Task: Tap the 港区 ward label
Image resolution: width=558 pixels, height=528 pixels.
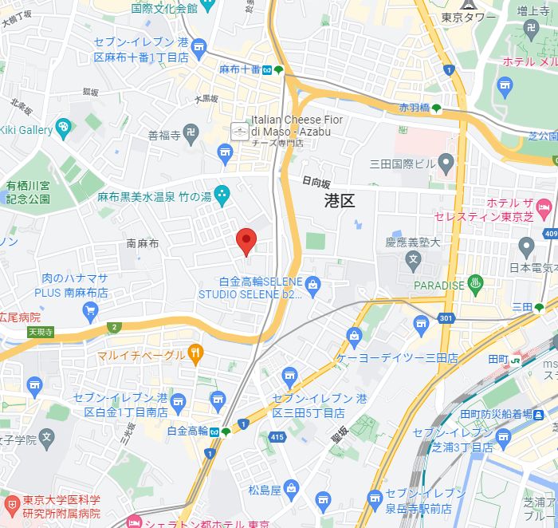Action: coord(340,201)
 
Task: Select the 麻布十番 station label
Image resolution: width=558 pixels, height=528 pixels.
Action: coord(240,70)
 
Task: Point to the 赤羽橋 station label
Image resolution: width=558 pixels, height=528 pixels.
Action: coord(414,108)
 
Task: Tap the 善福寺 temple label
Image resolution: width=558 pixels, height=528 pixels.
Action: coord(165,135)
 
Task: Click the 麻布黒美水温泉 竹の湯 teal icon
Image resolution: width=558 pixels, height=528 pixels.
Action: coord(222,193)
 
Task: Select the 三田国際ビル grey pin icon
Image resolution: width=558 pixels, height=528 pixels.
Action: coord(446,164)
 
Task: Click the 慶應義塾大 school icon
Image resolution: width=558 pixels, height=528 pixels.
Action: coord(413,258)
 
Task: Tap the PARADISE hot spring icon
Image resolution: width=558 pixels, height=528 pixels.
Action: coord(477,283)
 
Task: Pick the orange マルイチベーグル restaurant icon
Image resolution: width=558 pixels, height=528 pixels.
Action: coord(195,352)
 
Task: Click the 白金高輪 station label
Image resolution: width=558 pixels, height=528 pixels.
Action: coord(188,431)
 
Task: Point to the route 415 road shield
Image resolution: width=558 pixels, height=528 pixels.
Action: coord(277,437)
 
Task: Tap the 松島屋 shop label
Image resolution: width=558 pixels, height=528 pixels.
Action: coord(264,489)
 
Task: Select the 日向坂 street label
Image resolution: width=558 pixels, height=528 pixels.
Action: coord(316,182)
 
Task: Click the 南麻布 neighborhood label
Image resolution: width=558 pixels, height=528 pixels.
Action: coord(143,243)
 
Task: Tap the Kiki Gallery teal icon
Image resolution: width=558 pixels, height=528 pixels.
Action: coord(64,128)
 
